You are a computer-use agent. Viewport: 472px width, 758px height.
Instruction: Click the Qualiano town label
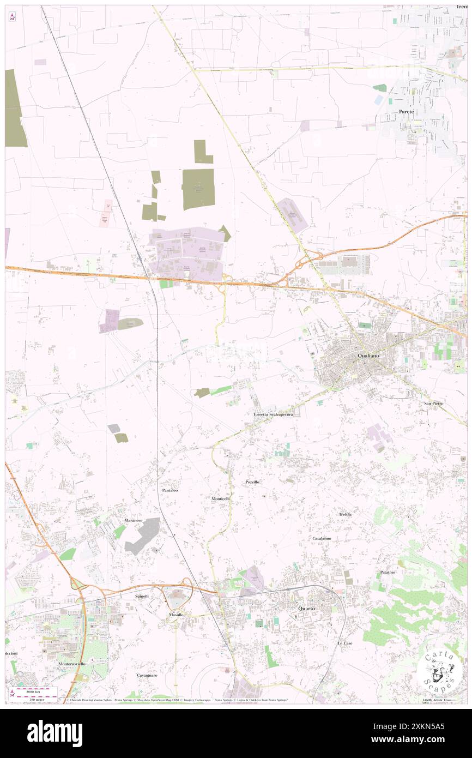[x=373, y=355]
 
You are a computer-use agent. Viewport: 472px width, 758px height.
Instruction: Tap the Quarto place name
[x=306, y=608]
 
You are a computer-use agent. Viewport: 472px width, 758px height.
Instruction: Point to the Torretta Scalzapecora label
[x=273, y=414]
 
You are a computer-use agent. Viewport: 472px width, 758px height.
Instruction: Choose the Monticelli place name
[x=221, y=499]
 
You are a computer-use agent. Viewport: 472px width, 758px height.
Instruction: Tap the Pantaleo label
[x=170, y=491]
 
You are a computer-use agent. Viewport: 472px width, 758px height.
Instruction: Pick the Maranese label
[x=133, y=521]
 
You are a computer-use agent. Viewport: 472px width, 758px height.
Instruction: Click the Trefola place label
[x=345, y=514]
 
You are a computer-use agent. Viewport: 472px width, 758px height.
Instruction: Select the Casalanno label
[x=322, y=538]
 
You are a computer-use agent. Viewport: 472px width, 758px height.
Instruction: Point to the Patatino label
[x=388, y=572]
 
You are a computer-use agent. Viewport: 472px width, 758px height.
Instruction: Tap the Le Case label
[x=344, y=643]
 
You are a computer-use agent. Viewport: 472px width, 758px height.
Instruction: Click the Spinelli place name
[x=142, y=597]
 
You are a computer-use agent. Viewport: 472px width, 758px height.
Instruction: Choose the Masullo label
[x=176, y=615]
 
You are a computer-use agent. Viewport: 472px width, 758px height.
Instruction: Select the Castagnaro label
[x=147, y=675]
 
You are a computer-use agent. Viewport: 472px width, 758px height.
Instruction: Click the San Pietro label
[x=434, y=403]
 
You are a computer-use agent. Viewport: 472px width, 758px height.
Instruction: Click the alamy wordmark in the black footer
[x=55, y=733]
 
